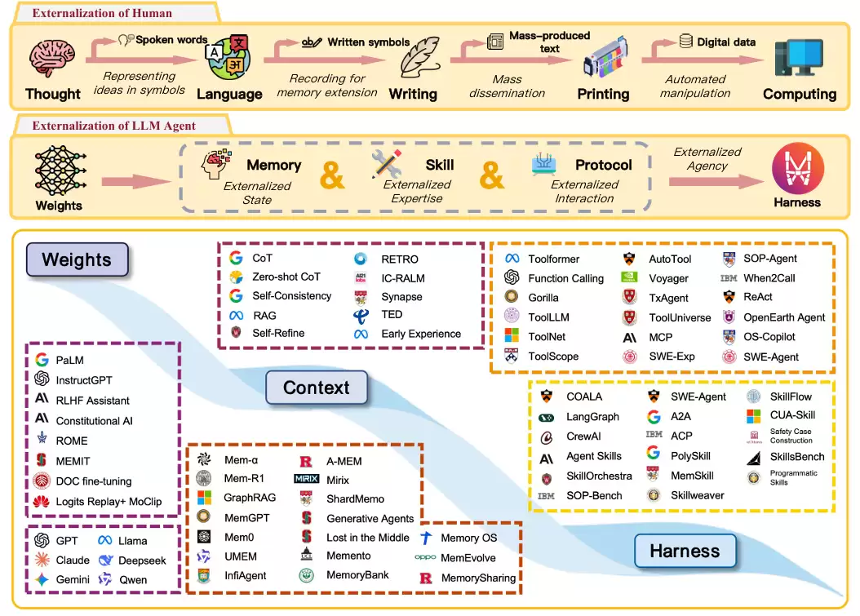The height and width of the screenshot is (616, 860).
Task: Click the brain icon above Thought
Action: pos(51,59)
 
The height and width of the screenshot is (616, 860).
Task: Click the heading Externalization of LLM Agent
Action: pos(113,126)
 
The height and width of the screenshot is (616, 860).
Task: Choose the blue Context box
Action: pos(316,388)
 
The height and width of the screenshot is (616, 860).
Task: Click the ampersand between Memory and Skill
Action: pos(332,175)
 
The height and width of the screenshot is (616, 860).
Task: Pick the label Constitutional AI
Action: pos(94,420)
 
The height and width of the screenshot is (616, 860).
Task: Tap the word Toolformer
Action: pos(553,259)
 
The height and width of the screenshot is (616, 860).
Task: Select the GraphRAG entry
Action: pos(250,498)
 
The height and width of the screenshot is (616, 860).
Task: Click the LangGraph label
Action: pos(592,417)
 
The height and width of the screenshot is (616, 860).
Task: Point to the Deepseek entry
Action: pos(142,561)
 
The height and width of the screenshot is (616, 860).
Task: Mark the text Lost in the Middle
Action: pos(368,538)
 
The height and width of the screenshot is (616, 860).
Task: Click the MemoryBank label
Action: pos(357,575)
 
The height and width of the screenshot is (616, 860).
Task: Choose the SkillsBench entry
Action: pos(797,457)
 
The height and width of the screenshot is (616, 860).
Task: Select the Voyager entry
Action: pos(669,278)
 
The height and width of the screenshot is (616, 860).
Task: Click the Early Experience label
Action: pos(420,334)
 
